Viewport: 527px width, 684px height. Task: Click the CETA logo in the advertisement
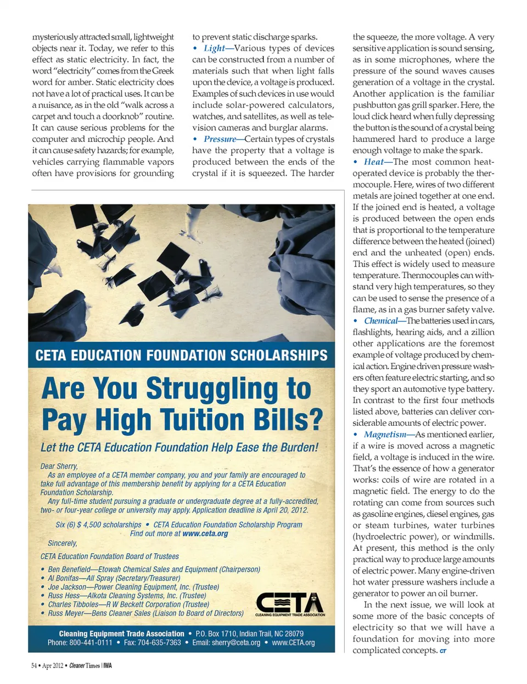[290, 604]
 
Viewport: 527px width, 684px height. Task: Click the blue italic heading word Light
[214, 48]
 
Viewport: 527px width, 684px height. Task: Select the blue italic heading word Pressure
[220, 139]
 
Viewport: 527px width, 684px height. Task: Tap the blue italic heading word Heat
[373, 162]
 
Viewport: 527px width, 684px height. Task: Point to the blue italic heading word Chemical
[380, 321]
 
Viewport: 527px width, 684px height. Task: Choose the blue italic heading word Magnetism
[385, 435]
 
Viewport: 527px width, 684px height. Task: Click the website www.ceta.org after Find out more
[205, 533]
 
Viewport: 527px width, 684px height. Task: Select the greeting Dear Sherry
[59, 466]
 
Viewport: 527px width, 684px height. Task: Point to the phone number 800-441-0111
[91, 642]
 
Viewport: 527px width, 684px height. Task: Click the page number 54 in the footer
[34, 666]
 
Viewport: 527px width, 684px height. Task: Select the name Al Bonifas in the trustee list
[63, 578]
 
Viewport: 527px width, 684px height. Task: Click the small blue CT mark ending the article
[443, 651]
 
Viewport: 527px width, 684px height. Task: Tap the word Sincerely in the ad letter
[62, 543]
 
